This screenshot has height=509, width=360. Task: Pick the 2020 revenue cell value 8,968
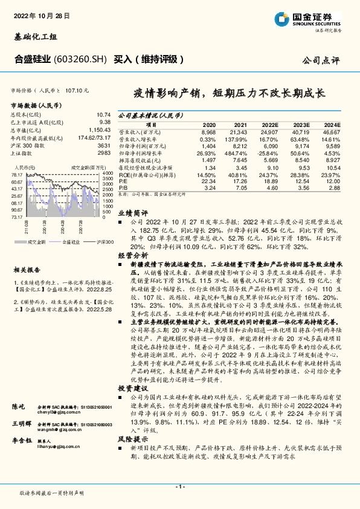tap(208, 131)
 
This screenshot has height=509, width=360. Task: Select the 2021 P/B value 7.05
tap(240, 188)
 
